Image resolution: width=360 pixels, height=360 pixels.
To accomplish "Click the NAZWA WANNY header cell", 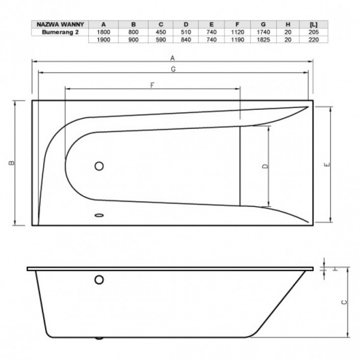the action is tap(60, 25).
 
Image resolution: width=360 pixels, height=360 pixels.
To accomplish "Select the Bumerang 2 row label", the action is tap(60, 32).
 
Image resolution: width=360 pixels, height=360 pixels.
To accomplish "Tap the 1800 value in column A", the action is tap(103, 32).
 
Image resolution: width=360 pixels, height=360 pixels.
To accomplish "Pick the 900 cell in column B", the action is tap(133, 40).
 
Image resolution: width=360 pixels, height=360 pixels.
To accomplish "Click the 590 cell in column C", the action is tap(161, 40).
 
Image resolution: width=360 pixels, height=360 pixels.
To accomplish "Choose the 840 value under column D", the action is tap(186, 40).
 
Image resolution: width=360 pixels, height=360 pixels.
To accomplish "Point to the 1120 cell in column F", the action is tap(238, 32).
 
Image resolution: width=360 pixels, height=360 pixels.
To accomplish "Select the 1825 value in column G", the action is tap(263, 40).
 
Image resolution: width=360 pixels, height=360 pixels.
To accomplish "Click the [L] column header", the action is tap(313, 25).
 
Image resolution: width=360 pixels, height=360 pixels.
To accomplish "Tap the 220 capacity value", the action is tap(313, 40).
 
